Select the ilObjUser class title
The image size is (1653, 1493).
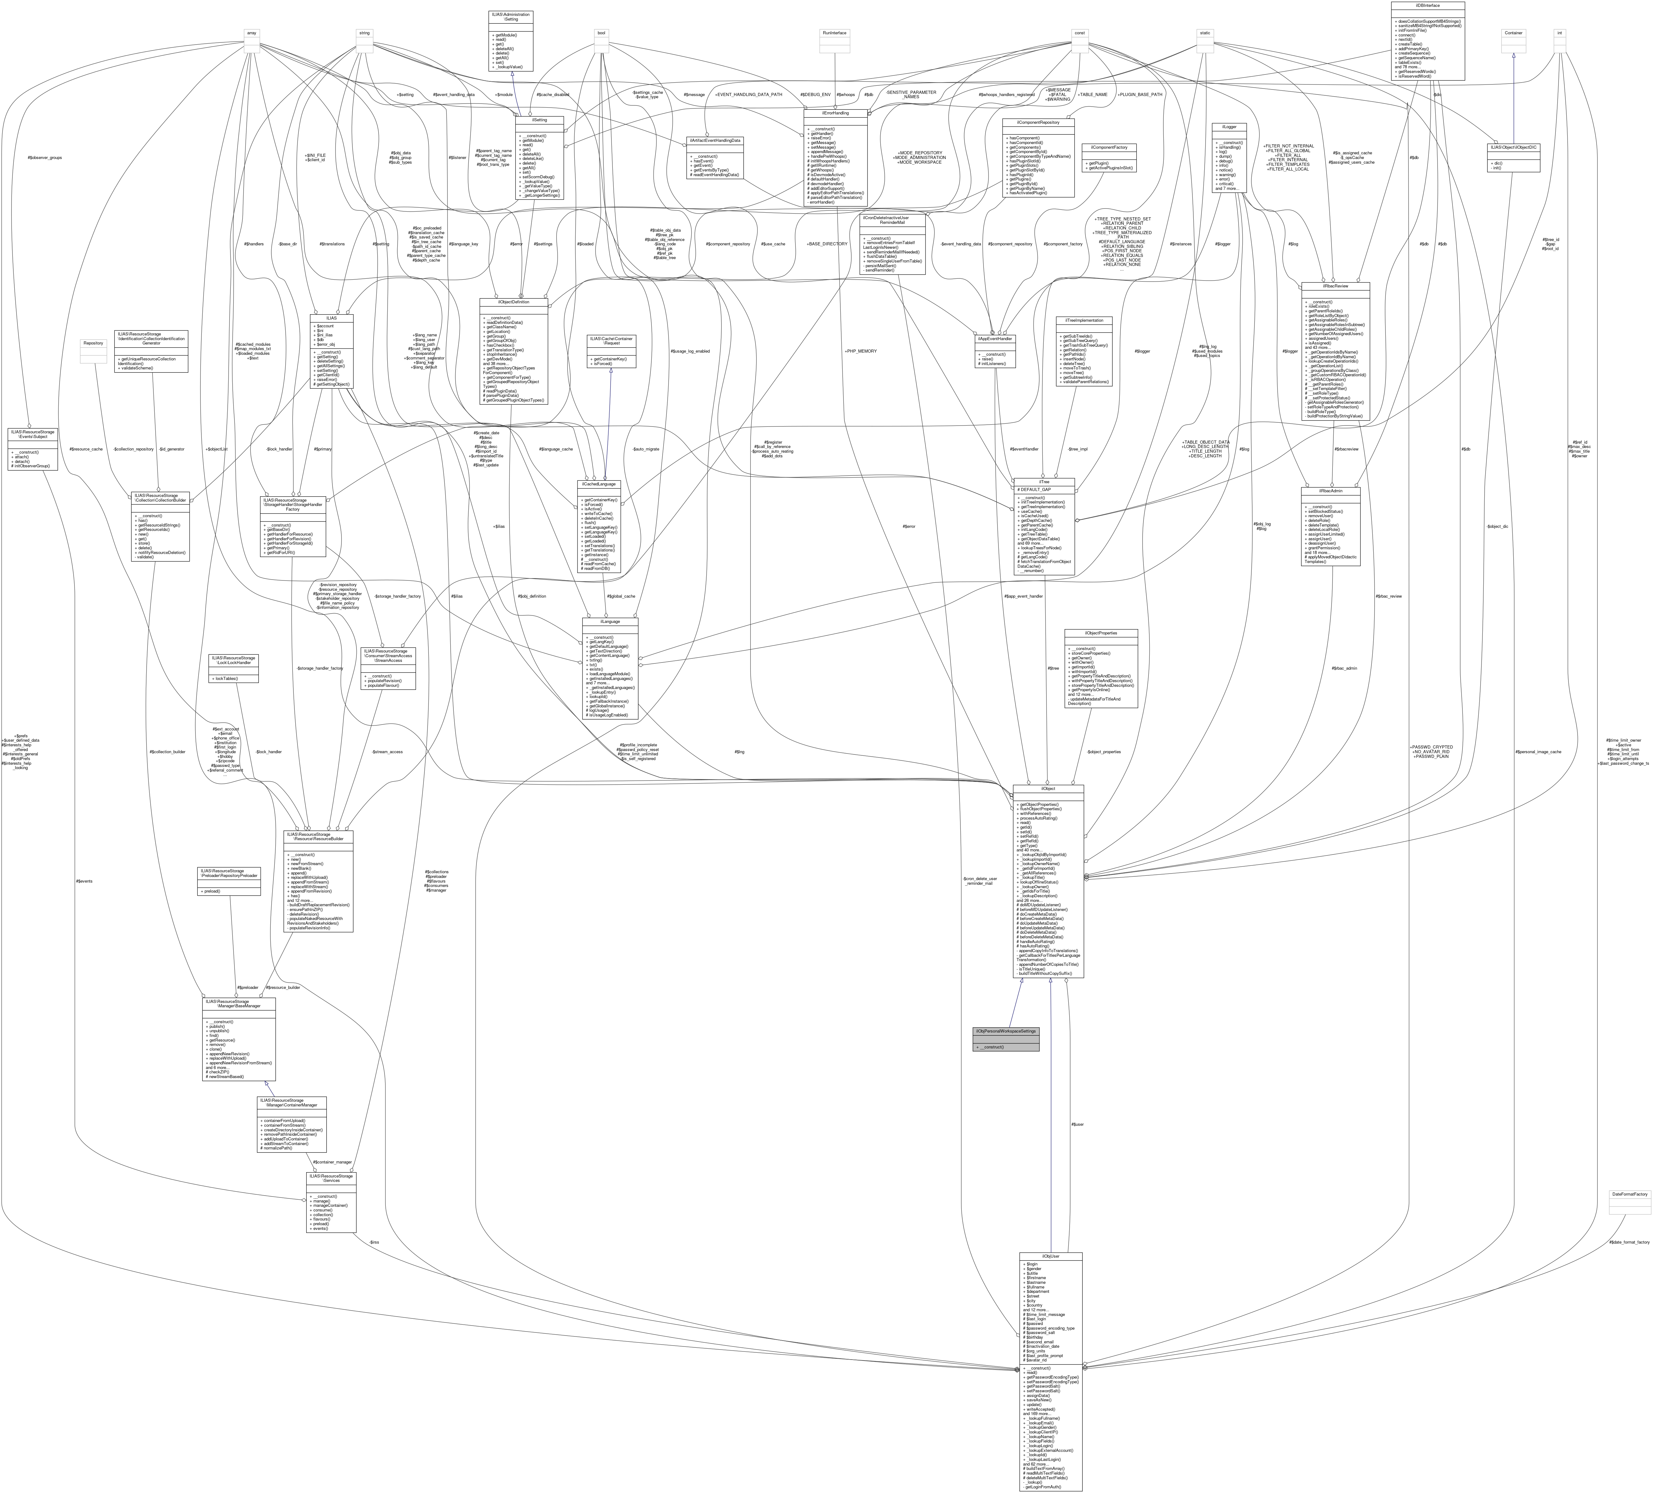tap(1050, 1256)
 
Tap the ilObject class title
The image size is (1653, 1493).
tap(1048, 789)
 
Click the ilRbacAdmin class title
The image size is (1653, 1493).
tap(1330, 490)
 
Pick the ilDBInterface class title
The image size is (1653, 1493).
tap(1428, 5)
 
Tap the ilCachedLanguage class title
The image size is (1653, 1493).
tap(599, 484)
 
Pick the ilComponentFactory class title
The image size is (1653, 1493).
tap(1109, 147)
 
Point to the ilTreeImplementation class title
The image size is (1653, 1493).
tap(1084, 320)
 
